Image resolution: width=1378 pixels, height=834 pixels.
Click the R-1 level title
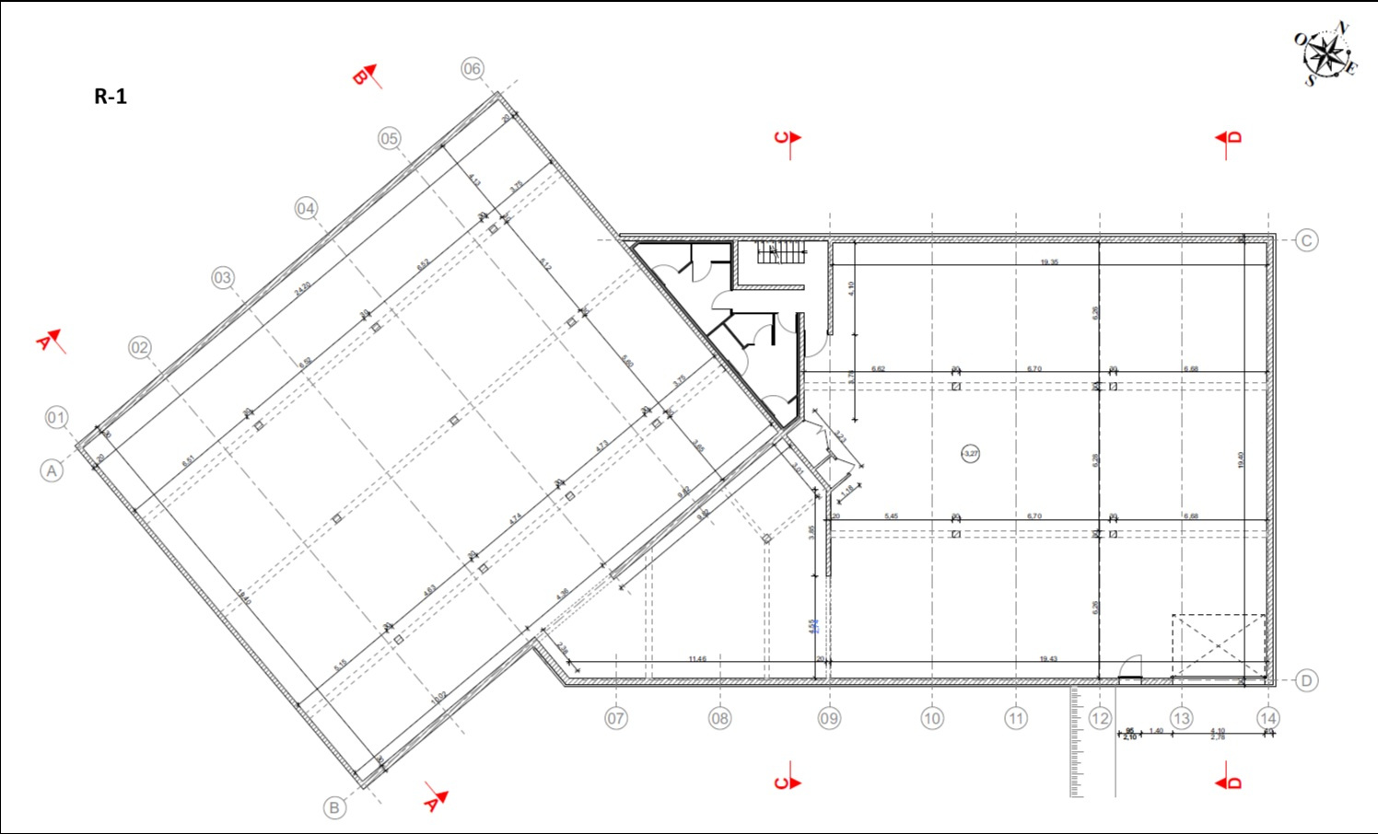pyautogui.click(x=111, y=97)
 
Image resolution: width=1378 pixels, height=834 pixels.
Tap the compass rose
pyautogui.click(x=1325, y=54)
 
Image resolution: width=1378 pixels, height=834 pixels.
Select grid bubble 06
pyautogui.click(x=473, y=68)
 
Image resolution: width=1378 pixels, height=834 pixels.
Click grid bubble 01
pyautogui.click(x=56, y=417)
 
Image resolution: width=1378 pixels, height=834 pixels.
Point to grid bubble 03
pyautogui.click(x=223, y=277)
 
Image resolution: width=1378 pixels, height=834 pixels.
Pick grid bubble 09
pyautogui.click(x=829, y=718)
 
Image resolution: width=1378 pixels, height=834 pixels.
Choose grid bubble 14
pyautogui.click(x=1267, y=718)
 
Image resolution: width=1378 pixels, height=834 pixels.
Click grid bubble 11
pyautogui.click(x=1016, y=718)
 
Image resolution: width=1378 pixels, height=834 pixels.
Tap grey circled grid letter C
pyautogui.click(x=1306, y=241)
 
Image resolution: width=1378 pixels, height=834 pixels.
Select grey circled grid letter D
pyautogui.click(x=1306, y=680)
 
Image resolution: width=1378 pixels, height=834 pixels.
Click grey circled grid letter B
pyautogui.click(x=334, y=807)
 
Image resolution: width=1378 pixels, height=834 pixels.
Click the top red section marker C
pyautogui.click(x=788, y=138)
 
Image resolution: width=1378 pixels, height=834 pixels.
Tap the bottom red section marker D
pyautogui.click(x=1230, y=782)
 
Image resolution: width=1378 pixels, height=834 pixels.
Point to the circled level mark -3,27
pyautogui.click(x=970, y=453)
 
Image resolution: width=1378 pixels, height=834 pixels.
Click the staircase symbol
pyautogui.click(x=781, y=251)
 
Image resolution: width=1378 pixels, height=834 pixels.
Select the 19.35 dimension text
pyautogui.click(x=1049, y=262)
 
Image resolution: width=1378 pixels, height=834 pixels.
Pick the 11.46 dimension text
pyautogui.click(x=697, y=659)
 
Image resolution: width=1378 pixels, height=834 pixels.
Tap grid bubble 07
pyautogui.click(x=616, y=718)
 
